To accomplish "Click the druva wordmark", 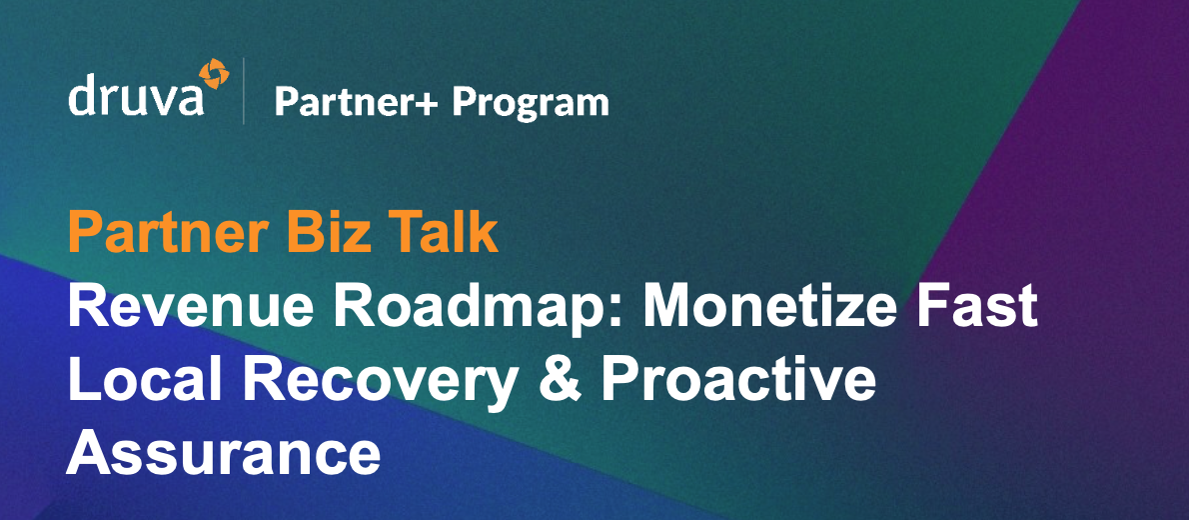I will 136,99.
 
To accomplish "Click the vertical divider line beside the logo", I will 244,92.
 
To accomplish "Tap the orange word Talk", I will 448,232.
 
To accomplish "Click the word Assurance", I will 224,453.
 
